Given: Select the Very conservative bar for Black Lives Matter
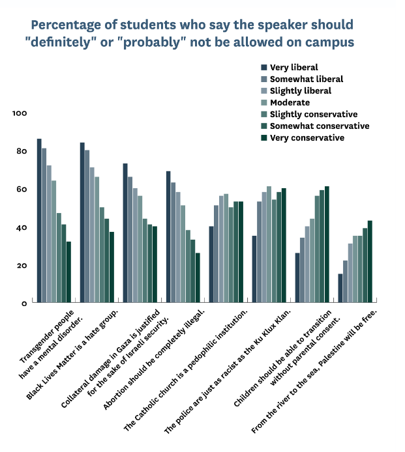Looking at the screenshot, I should [x=112, y=267].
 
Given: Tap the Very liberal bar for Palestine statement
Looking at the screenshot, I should [x=340, y=288].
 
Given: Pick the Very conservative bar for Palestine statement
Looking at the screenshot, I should [x=370, y=261].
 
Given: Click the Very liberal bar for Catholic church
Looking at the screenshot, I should [x=211, y=264].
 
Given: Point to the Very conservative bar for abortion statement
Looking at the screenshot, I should [x=198, y=277].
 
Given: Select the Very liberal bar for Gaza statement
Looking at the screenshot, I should [x=125, y=233].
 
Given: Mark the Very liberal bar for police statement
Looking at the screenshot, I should [x=254, y=269].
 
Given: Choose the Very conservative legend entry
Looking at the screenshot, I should [x=307, y=137].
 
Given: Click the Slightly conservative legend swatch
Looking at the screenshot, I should [x=264, y=114].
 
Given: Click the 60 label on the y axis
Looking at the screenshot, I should [x=21, y=190].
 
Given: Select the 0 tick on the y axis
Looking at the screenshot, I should [x=23, y=304].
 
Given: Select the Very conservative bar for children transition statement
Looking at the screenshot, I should [x=327, y=244].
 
